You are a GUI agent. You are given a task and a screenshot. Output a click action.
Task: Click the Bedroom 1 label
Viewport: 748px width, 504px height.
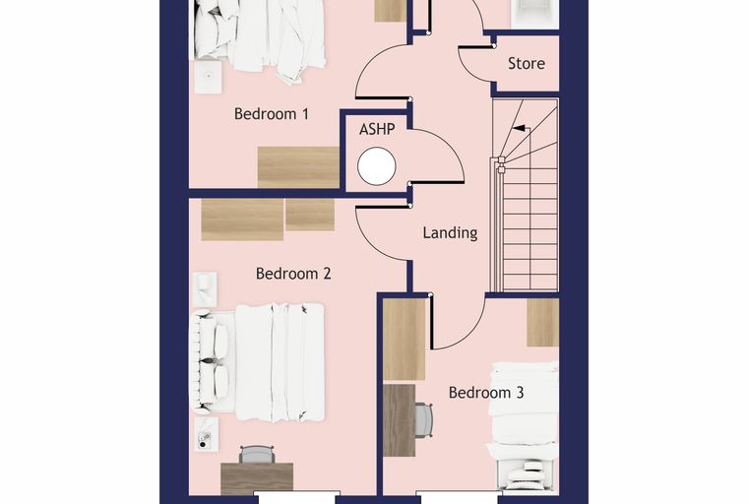271,114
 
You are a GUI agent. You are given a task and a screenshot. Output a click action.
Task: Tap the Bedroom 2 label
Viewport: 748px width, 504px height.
293,274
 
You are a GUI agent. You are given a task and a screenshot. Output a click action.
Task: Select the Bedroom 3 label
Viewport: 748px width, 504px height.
486,393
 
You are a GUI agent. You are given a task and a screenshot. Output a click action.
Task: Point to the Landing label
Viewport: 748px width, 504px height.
450,233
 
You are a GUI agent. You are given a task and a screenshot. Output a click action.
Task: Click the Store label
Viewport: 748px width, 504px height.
527,63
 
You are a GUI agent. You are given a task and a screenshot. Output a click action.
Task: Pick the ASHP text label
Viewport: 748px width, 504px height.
377,129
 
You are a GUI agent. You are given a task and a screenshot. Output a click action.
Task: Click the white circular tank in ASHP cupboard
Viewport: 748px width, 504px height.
376,166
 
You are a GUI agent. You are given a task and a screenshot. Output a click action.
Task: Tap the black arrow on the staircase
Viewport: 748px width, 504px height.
520,128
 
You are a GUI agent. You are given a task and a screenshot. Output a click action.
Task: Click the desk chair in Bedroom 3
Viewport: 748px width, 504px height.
423,419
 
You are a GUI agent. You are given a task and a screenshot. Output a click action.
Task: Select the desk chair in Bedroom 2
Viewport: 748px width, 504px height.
257,455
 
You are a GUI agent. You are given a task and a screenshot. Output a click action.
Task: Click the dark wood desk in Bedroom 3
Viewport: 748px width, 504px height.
400,420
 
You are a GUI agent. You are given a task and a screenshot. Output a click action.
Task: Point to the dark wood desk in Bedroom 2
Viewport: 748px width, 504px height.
257,478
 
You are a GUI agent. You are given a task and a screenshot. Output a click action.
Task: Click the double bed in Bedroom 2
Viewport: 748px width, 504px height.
258,362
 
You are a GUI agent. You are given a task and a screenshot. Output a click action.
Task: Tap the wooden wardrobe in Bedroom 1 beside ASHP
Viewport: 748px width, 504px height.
298,167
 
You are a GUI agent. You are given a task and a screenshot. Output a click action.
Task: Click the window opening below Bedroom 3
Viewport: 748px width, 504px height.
459,497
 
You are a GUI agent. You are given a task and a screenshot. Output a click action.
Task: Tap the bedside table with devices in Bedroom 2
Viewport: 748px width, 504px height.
206,434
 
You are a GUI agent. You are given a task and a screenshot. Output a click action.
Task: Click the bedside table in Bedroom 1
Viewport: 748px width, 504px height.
208,77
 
